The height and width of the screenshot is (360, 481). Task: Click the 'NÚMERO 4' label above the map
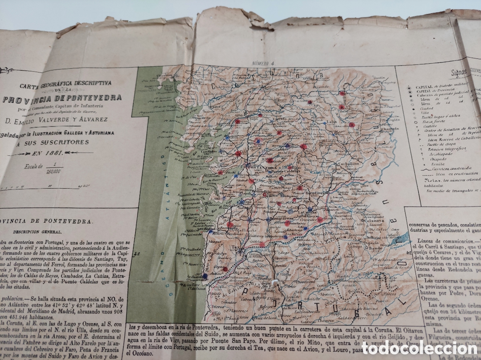coord(263,62)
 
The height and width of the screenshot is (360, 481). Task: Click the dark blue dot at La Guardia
coord(205,276)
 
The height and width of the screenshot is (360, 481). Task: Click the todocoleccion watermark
coord(419,348)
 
